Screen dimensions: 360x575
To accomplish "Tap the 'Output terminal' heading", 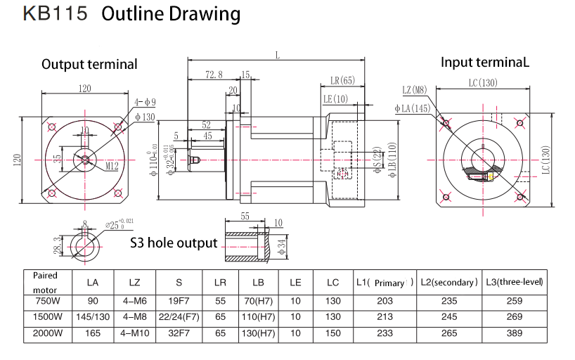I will click(x=89, y=64).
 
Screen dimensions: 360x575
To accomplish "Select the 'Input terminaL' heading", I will click(x=484, y=62).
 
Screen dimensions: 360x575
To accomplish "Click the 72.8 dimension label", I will click(x=214, y=75).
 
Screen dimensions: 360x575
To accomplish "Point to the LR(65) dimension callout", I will click(x=342, y=80).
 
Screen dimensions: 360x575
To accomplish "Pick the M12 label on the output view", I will click(x=112, y=166).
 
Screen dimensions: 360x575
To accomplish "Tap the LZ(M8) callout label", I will click(x=415, y=89).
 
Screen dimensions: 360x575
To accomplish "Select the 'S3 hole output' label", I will click(x=174, y=243).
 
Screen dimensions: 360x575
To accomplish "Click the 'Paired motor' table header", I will click(x=45, y=282).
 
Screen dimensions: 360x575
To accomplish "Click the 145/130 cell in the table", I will click(x=92, y=316).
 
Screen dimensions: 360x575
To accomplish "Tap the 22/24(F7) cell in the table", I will click(x=179, y=316).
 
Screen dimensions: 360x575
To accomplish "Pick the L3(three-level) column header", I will click(x=515, y=282).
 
